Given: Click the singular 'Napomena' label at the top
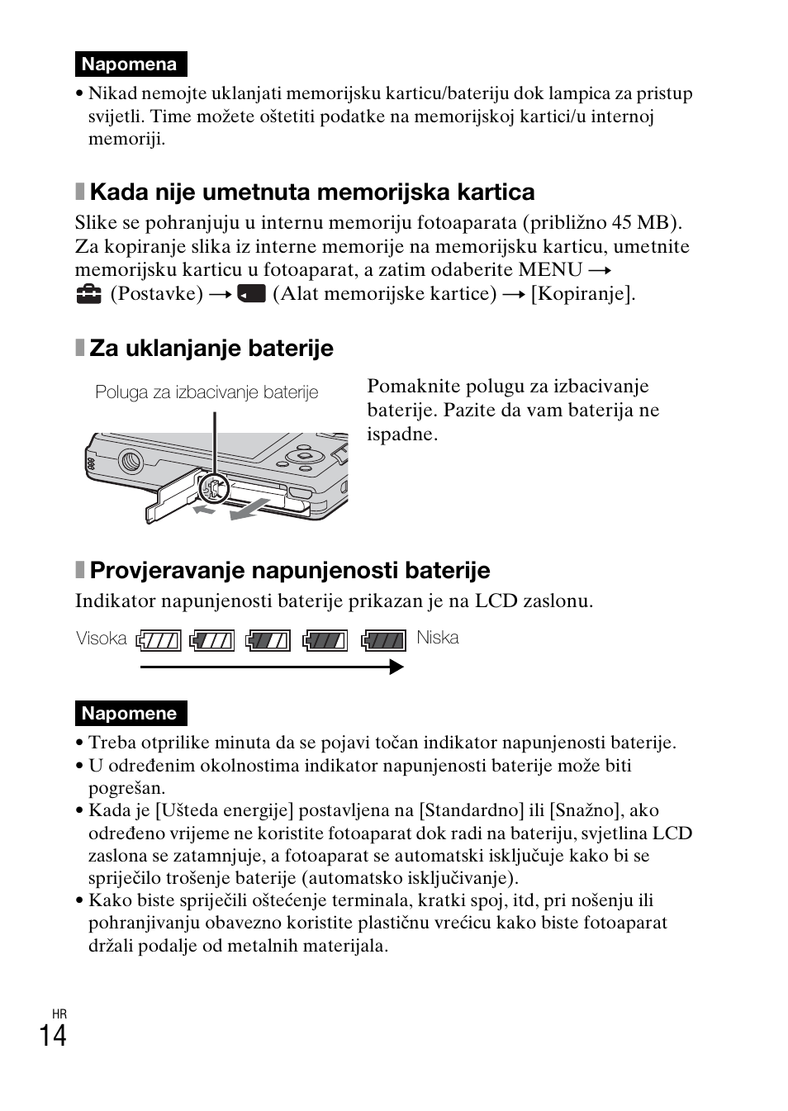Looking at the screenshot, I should click(x=130, y=64).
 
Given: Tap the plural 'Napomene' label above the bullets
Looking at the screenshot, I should click(x=130, y=714).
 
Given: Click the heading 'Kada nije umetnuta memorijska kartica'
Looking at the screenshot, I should click(x=311, y=192).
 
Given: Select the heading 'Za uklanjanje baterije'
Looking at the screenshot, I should click(x=211, y=349).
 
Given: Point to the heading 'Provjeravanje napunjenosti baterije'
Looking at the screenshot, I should click(x=289, y=571).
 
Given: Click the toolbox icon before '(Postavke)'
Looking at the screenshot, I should click(x=88, y=294).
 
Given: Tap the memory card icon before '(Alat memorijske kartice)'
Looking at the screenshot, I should click(x=251, y=294).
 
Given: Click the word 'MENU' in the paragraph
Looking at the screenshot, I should click(x=550, y=270).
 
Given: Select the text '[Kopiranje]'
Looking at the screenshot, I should click(x=583, y=294).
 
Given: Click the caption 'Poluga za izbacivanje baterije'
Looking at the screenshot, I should click(x=206, y=392).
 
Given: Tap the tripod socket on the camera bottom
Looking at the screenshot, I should click(x=130, y=460).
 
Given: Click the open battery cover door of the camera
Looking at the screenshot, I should click(x=169, y=501).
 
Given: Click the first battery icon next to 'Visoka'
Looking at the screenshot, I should click(x=159, y=640).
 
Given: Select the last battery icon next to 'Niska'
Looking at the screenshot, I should click(x=384, y=640).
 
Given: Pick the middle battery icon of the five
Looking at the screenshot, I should click(x=269, y=640).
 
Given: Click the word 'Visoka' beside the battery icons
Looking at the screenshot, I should click(x=102, y=639).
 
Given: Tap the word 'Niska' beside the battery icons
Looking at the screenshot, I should click(x=437, y=638).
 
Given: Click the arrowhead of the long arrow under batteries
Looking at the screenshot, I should click(x=396, y=667).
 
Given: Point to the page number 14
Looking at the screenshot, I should click(x=53, y=1035).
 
